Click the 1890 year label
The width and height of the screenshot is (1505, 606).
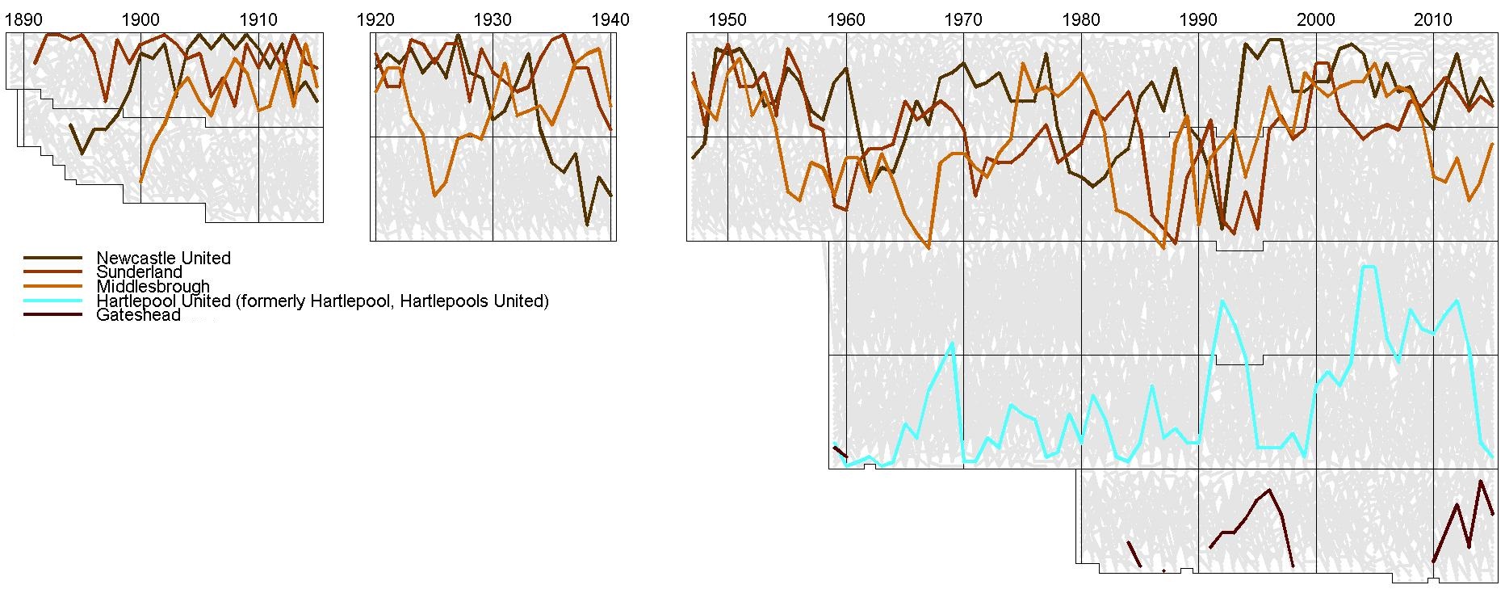[23, 19]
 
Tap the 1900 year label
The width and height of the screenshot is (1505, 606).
[140, 19]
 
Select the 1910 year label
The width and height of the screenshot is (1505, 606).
[258, 19]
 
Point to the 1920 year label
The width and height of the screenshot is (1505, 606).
[375, 19]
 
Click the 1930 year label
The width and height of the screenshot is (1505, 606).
[493, 19]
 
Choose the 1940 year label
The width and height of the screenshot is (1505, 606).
[610, 19]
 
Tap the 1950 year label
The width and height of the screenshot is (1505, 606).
[727, 19]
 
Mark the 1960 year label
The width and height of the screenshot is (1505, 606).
[845, 19]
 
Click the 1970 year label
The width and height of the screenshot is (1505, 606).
[963, 19]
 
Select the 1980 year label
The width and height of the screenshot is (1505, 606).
[1080, 19]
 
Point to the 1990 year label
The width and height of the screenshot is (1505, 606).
[1198, 19]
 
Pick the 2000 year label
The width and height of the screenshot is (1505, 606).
[1316, 19]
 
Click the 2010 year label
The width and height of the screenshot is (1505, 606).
[1433, 19]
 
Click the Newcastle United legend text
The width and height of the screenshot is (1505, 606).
[163, 258]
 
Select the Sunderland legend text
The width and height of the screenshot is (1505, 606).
[139, 272]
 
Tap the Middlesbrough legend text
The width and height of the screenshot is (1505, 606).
[153, 286]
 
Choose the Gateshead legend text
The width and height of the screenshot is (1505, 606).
[138, 315]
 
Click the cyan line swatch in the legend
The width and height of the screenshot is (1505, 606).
[53, 301]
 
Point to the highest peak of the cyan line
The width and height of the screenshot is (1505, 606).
[1369, 266]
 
